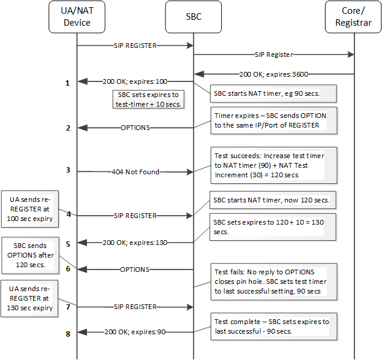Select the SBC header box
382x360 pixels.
tap(193, 17)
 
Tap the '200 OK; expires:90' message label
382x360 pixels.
tap(135, 331)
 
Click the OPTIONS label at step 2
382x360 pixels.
tap(135, 128)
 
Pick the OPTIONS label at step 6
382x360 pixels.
tap(135, 270)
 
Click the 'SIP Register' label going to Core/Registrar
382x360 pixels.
tap(273, 55)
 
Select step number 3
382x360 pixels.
tap(68, 171)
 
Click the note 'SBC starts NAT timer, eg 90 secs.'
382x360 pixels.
tap(273, 93)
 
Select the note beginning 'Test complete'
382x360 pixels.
tap(272, 326)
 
